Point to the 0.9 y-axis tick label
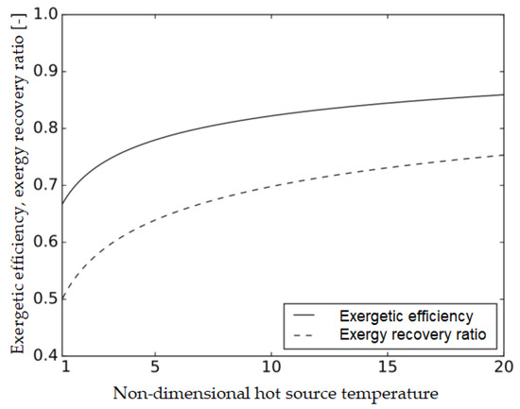[x=44, y=72]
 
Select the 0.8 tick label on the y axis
[x=44, y=128]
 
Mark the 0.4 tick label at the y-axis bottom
[x=44, y=355]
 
